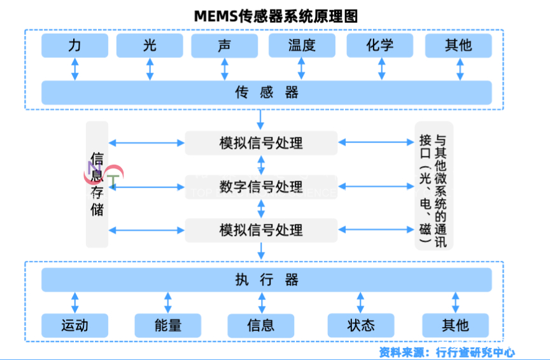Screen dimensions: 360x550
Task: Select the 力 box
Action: tap(75, 46)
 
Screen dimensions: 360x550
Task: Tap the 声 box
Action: tap(224, 46)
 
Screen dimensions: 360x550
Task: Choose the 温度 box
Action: tap(302, 46)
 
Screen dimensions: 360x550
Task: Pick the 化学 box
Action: tap(380, 46)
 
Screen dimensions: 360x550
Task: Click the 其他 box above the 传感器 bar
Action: tap(458, 46)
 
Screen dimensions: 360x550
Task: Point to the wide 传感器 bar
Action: tap(266, 93)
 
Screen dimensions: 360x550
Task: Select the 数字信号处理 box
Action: tap(261, 187)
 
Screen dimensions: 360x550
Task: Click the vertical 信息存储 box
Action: tap(97, 184)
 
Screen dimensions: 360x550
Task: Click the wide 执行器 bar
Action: tap(266, 280)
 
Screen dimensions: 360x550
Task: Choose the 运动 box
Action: tap(75, 326)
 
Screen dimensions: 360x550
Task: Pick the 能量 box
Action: tap(168, 326)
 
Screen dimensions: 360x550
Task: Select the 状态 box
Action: tap(361, 326)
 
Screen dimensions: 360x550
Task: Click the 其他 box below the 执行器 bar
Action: tap(455, 326)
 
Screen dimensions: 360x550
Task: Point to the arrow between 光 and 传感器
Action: tap(150, 69)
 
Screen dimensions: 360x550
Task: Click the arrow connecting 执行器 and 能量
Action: tap(168, 303)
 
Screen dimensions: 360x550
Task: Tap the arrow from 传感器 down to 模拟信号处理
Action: tap(261, 118)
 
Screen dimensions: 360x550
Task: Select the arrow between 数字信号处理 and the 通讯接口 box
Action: tap(376, 187)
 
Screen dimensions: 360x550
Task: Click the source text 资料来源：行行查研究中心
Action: tap(447, 352)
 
